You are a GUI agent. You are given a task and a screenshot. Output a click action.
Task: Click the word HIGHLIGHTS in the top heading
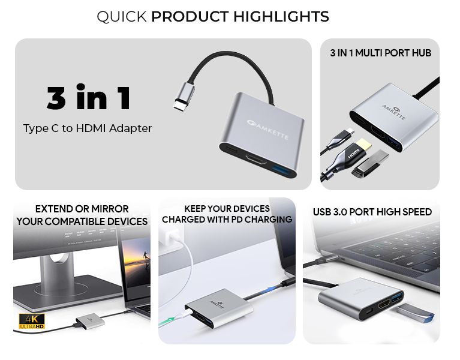tap(281, 16)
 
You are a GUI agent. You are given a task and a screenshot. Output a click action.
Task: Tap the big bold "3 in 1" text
tap(88, 97)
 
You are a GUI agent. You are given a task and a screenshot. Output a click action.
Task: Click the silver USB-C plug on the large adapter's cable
tap(184, 97)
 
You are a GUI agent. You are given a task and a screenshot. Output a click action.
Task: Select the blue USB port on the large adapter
tap(284, 170)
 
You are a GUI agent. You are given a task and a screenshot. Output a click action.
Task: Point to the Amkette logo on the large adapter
tap(267, 130)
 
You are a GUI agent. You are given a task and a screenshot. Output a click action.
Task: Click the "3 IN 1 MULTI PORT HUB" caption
tap(380, 53)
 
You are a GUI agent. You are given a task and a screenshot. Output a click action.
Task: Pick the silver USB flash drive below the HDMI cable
tap(370, 164)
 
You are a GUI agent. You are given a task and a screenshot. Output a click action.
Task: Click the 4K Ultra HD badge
tap(32, 321)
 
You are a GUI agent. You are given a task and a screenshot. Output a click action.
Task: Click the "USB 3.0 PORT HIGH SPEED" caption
tap(372, 212)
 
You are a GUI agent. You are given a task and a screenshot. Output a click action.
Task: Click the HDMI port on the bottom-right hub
tap(384, 304)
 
